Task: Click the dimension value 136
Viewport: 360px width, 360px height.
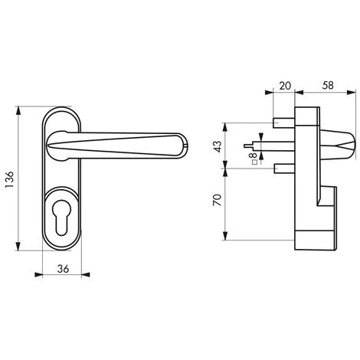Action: [x=10, y=179]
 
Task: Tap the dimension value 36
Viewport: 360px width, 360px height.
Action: [x=63, y=269]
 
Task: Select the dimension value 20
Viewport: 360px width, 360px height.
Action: [x=285, y=86]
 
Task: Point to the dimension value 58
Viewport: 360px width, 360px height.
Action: [x=328, y=85]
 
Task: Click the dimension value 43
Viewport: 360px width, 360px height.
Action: [x=219, y=146]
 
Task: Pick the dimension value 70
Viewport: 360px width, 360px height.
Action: [x=218, y=200]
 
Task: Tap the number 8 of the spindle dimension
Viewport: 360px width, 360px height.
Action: [x=254, y=155]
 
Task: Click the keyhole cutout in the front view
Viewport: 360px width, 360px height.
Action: [x=62, y=218]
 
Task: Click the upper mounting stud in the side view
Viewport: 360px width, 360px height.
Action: [x=284, y=123]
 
